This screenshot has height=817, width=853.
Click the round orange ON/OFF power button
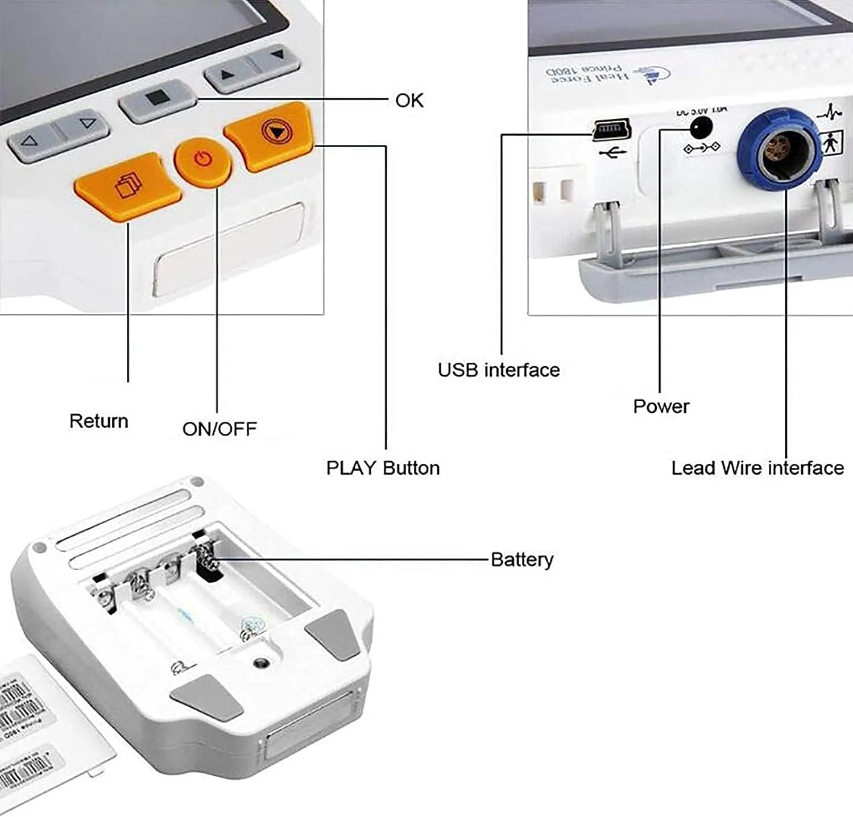[202, 161]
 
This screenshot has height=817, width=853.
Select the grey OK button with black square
[155, 99]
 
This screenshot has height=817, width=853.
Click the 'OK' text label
[409, 101]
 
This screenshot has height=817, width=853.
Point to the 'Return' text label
[98, 421]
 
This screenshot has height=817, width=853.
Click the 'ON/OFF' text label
[220, 429]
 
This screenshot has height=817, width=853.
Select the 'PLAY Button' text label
[383, 468]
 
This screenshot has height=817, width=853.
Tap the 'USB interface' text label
[498, 370]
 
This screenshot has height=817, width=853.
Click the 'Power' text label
[661, 407]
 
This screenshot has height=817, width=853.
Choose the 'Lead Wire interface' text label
[757, 468]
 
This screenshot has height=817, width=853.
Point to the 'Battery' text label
[521, 560]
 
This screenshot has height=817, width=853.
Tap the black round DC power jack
[701, 126]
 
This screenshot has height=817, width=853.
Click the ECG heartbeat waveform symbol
[829, 113]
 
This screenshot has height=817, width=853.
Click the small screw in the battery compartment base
[261, 662]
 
